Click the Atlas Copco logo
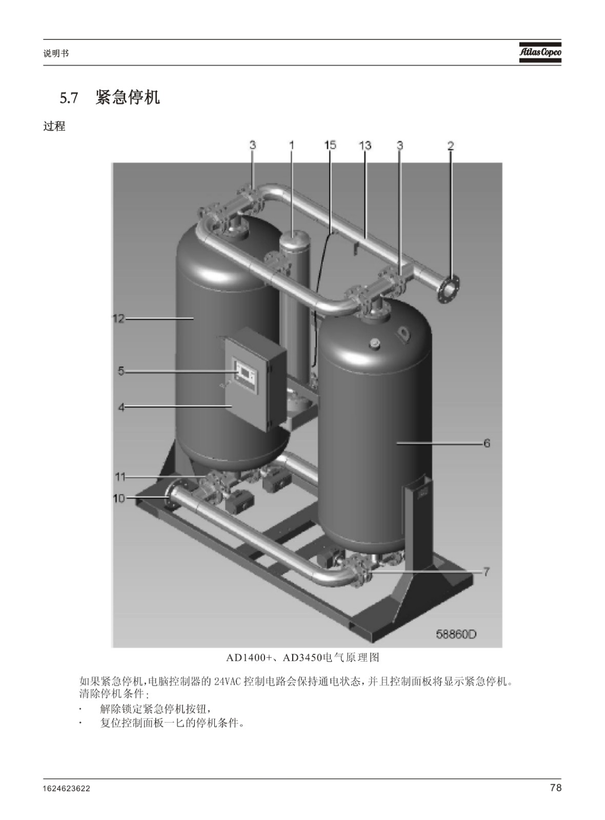(x=540, y=52)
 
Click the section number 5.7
(x=69, y=98)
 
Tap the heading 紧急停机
(x=128, y=98)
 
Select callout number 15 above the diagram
(x=330, y=146)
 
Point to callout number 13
(x=365, y=146)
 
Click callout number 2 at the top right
(x=451, y=146)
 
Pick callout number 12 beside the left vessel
(x=119, y=319)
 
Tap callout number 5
(x=121, y=371)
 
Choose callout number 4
(x=121, y=407)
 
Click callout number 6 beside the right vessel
(x=487, y=443)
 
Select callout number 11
(x=120, y=477)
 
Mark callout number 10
(x=119, y=498)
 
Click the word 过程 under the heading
(x=54, y=126)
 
